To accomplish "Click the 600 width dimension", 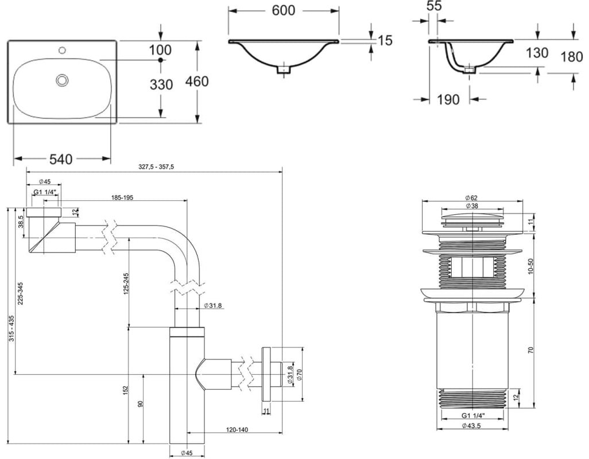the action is [x=284, y=10].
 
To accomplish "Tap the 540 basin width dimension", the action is [x=61, y=159].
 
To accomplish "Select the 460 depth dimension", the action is [x=196, y=81].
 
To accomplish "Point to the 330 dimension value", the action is [x=161, y=85].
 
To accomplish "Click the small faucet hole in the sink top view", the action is [x=63, y=49].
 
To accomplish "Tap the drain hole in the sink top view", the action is [x=62, y=80].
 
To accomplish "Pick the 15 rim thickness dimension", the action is [x=384, y=40].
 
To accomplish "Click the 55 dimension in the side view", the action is [x=434, y=6].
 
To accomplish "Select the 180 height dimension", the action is [x=572, y=57].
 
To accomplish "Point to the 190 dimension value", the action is [x=448, y=99].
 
